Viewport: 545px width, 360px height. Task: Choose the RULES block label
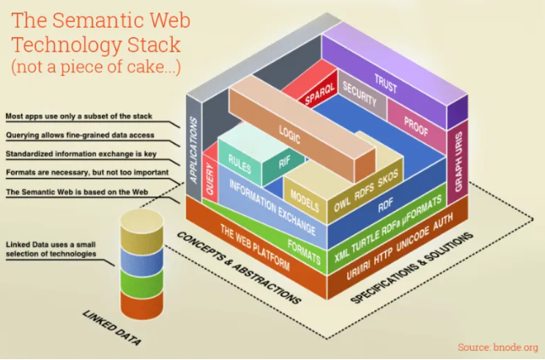pyautogui.click(x=240, y=157)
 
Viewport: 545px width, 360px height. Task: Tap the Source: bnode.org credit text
pyautogui.click(x=497, y=347)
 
